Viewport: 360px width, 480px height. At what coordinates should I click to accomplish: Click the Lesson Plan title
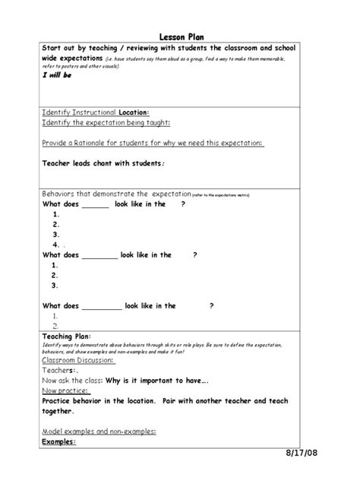pyautogui.click(x=181, y=36)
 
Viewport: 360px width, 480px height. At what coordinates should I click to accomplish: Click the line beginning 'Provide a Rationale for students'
pyautogui.click(x=142, y=143)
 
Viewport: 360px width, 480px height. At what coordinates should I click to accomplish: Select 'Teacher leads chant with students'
pyautogui.click(x=103, y=163)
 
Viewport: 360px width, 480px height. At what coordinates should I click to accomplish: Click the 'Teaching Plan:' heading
pyautogui.click(x=65, y=335)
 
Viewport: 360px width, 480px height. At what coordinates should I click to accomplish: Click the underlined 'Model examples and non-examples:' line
pyautogui.click(x=99, y=431)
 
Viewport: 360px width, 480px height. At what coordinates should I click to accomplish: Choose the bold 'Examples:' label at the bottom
pyautogui.click(x=59, y=441)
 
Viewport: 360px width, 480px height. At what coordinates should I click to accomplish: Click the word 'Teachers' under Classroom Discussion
pyautogui.click(x=59, y=370)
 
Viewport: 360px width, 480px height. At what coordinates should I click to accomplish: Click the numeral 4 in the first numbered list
pyautogui.click(x=55, y=245)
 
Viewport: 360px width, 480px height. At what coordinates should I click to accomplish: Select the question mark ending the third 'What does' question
pyautogui.click(x=211, y=305)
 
